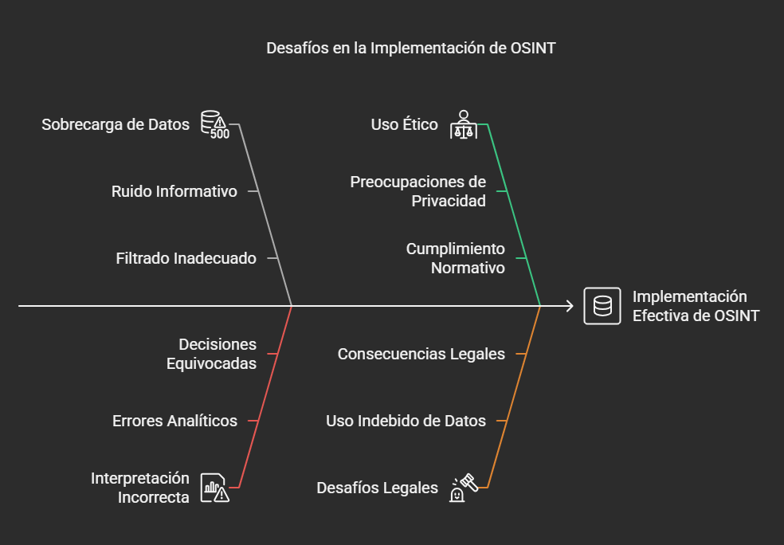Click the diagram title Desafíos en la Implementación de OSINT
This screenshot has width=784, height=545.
(x=410, y=48)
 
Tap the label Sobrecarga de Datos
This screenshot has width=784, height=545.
(x=116, y=124)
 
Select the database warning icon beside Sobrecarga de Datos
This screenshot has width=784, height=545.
(x=215, y=124)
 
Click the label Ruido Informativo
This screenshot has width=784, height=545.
(x=174, y=191)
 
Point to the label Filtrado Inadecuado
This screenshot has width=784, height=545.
(x=186, y=258)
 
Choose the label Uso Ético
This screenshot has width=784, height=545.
(x=404, y=124)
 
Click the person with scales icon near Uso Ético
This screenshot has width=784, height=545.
(x=464, y=124)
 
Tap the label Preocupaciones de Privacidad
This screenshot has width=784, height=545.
(x=418, y=191)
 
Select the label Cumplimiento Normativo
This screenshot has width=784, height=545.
(x=456, y=258)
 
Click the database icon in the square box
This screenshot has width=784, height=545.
(x=602, y=306)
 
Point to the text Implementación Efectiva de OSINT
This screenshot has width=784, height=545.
(x=696, y=306)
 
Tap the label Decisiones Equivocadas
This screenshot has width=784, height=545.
(x=211, y=354)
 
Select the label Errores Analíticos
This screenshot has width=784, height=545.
(x=174, y=421)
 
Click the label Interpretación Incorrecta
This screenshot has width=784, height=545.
(x=140, y=488)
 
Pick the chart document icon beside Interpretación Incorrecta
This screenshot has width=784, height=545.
(x=215, y=488)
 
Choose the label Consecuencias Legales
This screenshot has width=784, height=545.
(x=421, y=354)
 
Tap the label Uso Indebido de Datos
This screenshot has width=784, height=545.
(x=406, y=421)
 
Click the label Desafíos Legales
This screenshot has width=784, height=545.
(x=377, y=488)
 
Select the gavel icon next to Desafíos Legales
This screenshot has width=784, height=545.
(x=464, y=488)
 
